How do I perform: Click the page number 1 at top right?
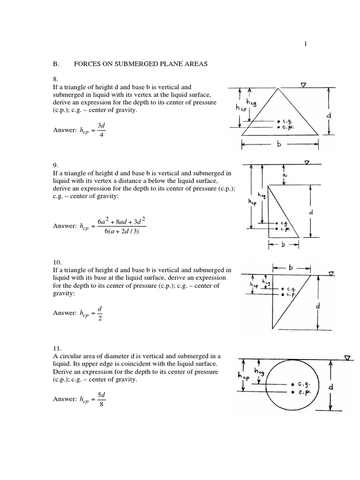(x=306, y=44)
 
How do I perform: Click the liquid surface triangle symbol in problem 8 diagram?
(x=304, y=85)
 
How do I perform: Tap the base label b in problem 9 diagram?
(x=283, y=245)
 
